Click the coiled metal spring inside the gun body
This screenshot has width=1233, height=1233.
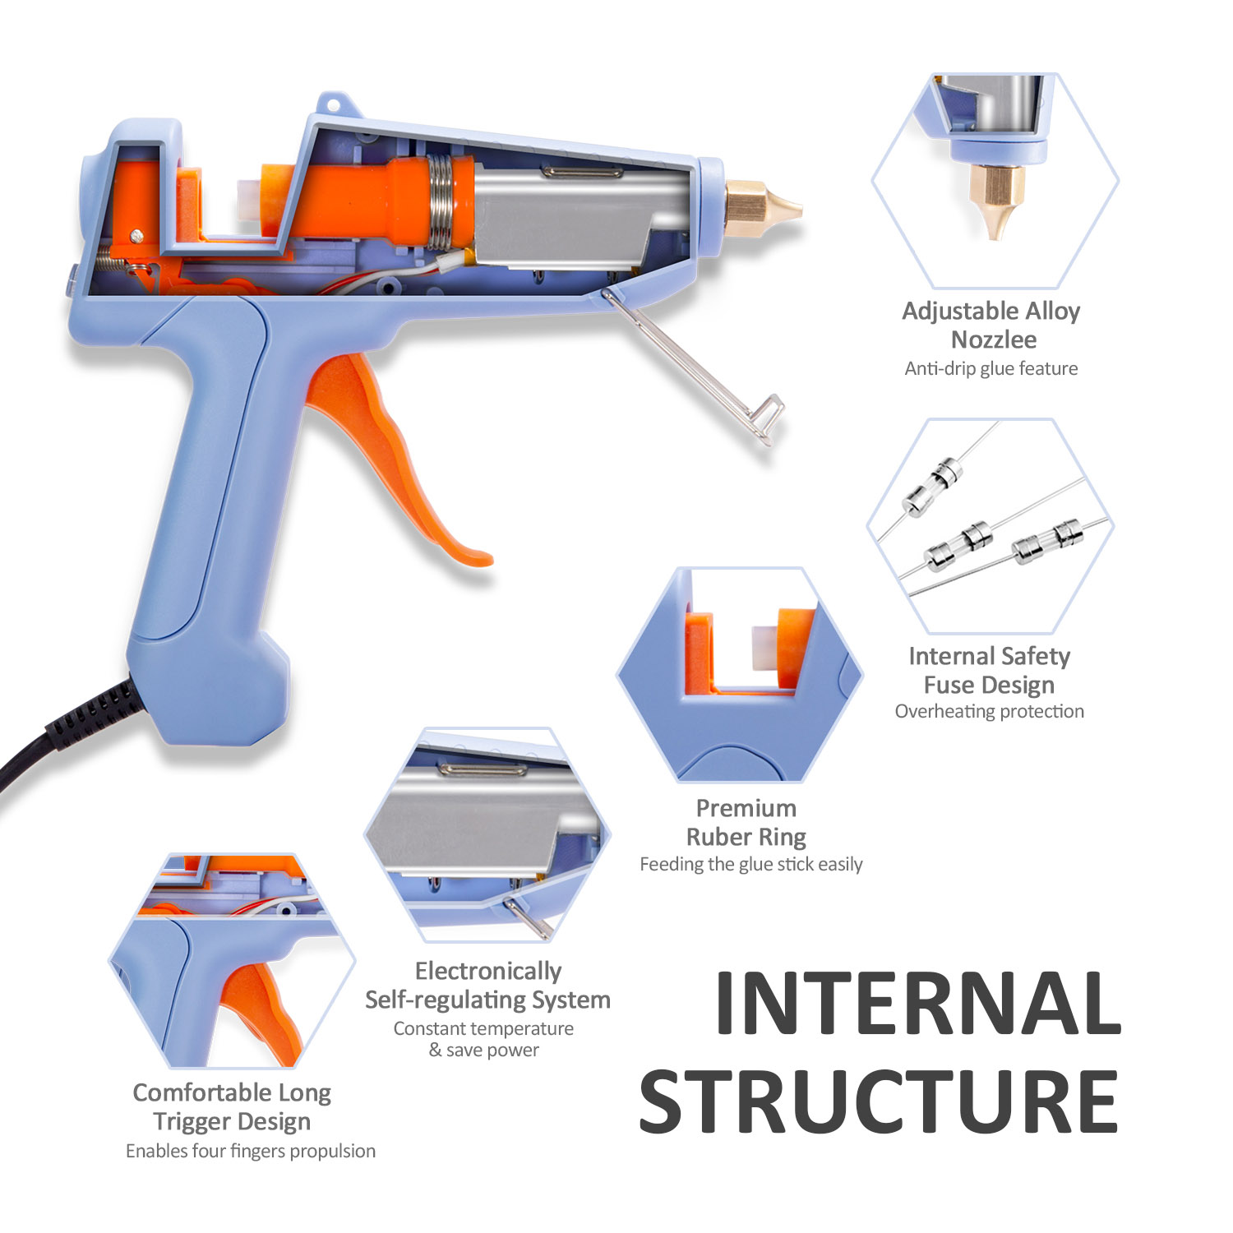[441, 201]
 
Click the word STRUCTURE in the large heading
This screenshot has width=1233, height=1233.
[879, 1101]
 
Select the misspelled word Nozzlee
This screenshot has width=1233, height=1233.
[993, 339]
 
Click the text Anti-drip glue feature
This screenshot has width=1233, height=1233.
[991, 368]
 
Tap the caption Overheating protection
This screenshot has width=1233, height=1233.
[989, 712]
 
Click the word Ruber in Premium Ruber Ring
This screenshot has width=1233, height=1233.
[714, 837]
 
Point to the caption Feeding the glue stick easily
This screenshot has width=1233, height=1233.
[751, 864]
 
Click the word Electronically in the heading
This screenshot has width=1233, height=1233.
[488, 972]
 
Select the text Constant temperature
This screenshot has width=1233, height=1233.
[483, 1028]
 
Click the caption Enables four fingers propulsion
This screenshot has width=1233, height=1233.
[251, 1151]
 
